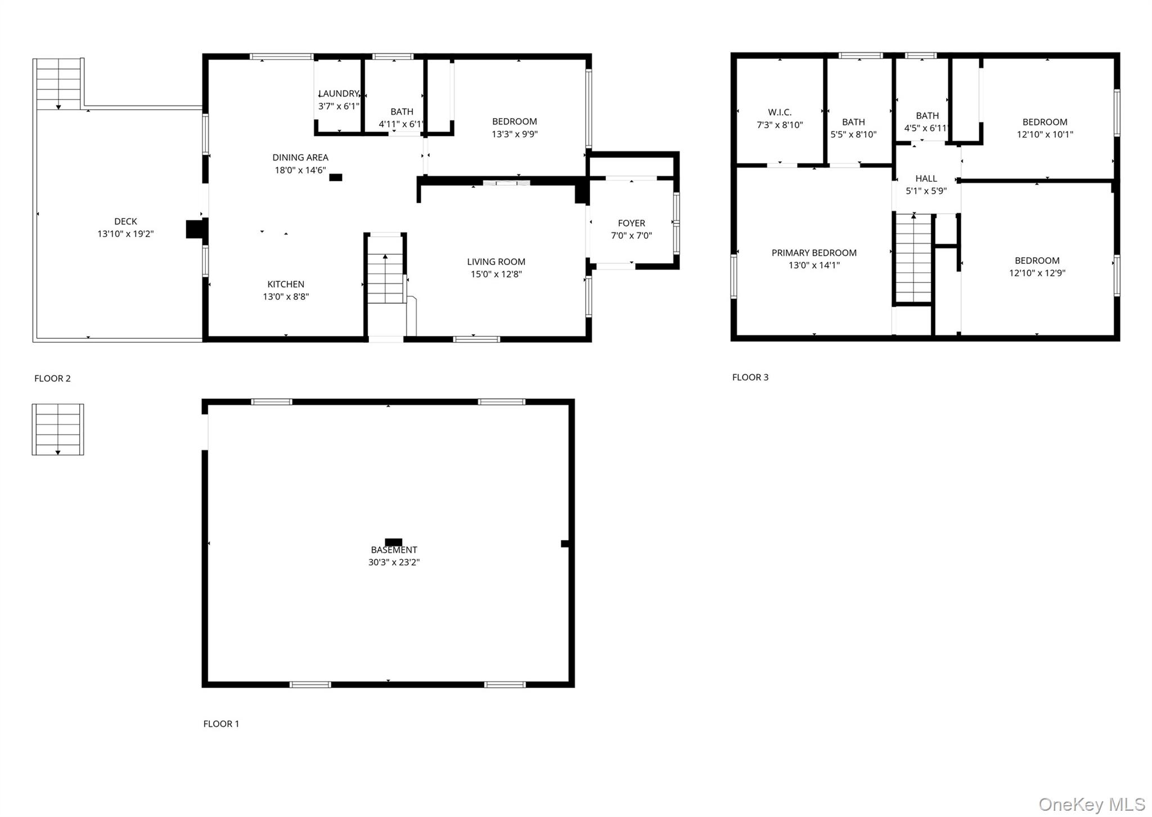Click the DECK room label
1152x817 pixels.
pos(125,222)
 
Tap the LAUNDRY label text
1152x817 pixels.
pos(339,93)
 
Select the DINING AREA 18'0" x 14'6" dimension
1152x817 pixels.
pos(300,170)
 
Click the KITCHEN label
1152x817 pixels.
pos(286,284)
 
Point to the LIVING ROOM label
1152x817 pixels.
pos(496,262)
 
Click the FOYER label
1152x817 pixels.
pos(631,223)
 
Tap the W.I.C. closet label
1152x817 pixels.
pos(780,113)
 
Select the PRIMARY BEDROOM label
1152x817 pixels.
pos(814,253)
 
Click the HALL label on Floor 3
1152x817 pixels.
pos(926,179)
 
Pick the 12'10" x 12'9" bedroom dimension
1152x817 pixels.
pos(1037,273)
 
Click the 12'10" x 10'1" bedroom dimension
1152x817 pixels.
pos(1045,135)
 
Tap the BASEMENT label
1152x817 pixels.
pos(394,550)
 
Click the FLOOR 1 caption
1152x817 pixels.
pos(221,724)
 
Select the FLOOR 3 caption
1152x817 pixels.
pos(750,378)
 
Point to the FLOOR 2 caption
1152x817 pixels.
pos(52,379)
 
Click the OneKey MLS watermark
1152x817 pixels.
pos(1091,804)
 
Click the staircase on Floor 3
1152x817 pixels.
pos(913,259)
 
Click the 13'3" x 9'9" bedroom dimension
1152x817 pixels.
pos(514,134)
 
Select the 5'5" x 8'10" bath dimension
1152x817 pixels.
pos(853,135)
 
